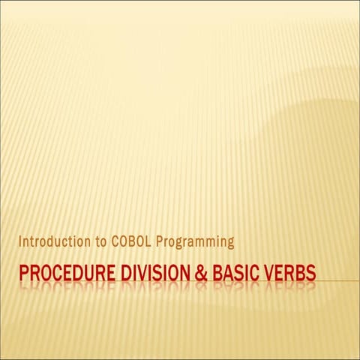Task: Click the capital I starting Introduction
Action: tap(20, 242)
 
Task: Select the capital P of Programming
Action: tap(159, 242)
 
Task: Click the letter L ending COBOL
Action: tap(147, 242)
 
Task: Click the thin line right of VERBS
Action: tap(337, 280)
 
